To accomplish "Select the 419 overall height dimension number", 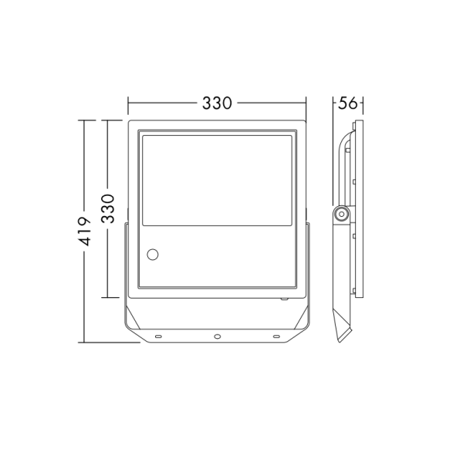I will (x=86, y=231).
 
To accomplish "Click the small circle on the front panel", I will (x=153, y=253).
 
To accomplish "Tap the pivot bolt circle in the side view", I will (x=340, y=213).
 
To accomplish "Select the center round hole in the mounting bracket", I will (x=217, y=336).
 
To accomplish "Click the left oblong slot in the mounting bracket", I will (x=157, y=336).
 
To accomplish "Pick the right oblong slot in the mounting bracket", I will (x=276, y=336).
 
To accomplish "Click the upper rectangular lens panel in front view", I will (x=217, y=180).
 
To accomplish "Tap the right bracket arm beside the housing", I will (x=309, y=262).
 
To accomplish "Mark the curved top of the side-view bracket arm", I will (x=345, y=139).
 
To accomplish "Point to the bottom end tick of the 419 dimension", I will (x=86, y=342).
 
